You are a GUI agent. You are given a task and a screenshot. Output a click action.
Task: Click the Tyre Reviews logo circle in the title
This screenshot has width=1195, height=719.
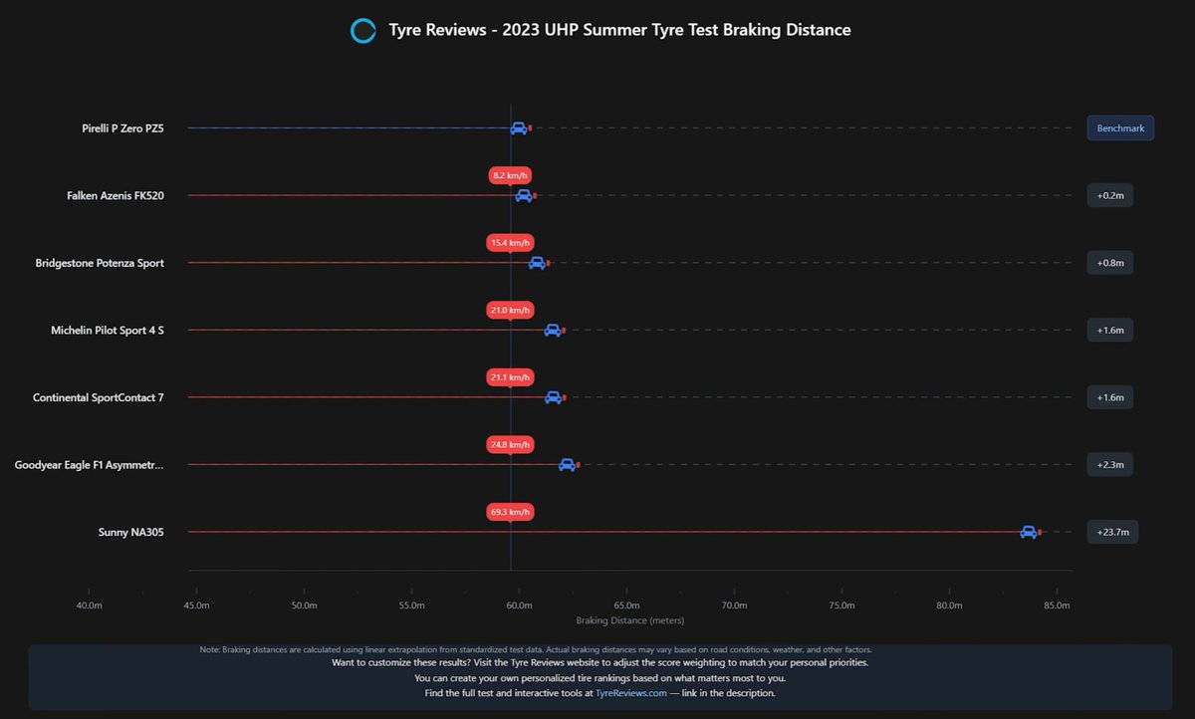pyautogui.click(x=362, y=31)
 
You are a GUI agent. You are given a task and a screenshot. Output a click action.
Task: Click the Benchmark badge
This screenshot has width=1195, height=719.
pyautogui.click(x=1120, y=128)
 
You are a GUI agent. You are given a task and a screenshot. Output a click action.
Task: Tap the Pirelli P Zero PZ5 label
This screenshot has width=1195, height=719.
pyautogui.click(x=122, y=128)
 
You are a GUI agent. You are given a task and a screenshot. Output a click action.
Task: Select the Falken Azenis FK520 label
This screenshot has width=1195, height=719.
pyautogui.click(x=116, y=196)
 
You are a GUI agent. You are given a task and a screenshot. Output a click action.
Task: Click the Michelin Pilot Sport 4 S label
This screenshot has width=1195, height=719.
pyautogui.click(x=108, y=331)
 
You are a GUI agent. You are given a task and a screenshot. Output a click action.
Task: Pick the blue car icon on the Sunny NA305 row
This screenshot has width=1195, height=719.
pyautogui.click(x=1028, y=533)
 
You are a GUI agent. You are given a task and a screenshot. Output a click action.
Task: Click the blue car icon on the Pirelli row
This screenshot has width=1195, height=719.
pyautogui.click(x=518, y=128)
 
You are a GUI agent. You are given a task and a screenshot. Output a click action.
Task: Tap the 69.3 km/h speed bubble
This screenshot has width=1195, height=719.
pyautogui.click(x=511, y=512)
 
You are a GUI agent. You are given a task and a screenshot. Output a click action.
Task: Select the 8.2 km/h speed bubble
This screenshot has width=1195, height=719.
pyautogui.click(x=511, y=175)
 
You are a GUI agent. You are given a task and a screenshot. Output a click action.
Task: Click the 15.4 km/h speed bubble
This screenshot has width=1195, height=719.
pyautogui.click(x=511, y=243)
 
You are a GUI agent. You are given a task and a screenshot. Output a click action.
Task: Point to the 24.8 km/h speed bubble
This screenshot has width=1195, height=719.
pyautogui.click(x=511, y=444)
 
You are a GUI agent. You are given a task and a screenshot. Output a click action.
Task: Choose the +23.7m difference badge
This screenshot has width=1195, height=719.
pyautogui.click(x=1112, y=533)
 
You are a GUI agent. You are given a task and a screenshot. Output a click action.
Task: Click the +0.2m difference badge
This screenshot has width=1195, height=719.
pyautogui.click(x=1109, y=196)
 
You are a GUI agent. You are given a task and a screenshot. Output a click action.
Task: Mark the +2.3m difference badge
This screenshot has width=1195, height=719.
pyautogui.click(x=1109, y=465)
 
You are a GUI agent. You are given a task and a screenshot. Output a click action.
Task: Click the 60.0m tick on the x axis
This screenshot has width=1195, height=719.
pyautogui.click(x=519, y=605)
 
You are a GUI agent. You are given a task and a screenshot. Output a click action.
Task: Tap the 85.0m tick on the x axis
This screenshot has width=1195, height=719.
pyautogui.click(x=1057, y=605)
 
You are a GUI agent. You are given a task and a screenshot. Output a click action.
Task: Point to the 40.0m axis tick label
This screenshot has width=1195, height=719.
pyautogui.click(x=89, y=605)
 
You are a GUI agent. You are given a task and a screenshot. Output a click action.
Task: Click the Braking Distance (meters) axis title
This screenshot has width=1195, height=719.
pyautogui.click(x=629, y=621)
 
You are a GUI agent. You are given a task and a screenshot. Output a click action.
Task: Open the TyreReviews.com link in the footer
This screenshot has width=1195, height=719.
pyautogui.click(x=630, y=693)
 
